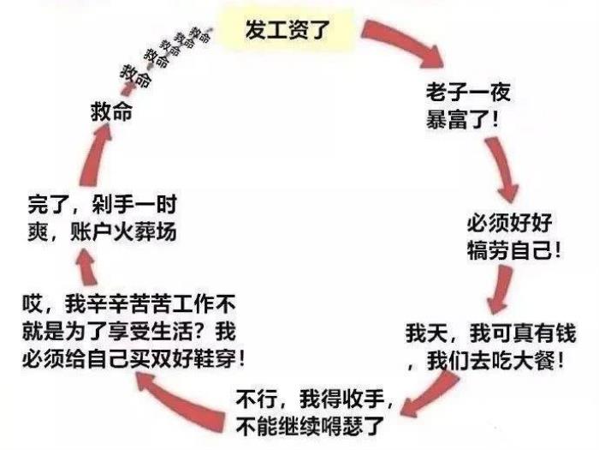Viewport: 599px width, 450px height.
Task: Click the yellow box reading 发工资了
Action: tap(286, 32)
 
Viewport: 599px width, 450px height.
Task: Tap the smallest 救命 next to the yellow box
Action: tap(202, 34)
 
